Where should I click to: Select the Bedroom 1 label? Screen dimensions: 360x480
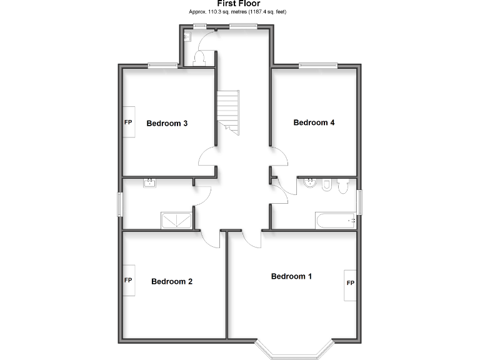[291, 276]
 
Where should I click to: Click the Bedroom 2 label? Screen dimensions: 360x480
[171, 281]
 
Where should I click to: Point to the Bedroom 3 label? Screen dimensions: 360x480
[167, 123]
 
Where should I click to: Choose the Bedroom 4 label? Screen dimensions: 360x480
[314, 122]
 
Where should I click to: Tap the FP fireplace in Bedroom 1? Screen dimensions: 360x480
[350, 284]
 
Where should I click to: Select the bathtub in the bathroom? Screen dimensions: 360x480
[335, 220]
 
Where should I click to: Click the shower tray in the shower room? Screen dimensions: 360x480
[177, 220]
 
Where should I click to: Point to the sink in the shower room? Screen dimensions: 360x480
[150, 183]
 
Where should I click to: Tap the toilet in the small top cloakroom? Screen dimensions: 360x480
[200, 59]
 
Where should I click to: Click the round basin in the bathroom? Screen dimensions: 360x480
[311, 184]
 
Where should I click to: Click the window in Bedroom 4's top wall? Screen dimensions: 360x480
[317, 65]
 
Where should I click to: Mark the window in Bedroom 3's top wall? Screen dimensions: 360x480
[164, 65]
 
